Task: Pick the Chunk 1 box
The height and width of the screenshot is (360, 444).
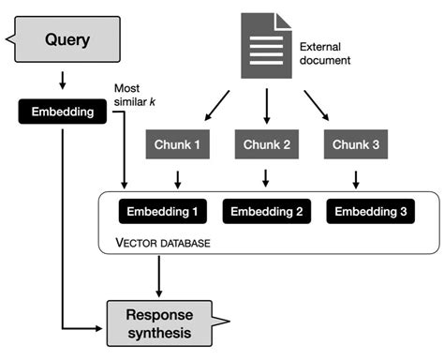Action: tap(177, 144)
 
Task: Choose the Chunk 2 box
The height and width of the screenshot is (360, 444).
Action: tap(268, 144)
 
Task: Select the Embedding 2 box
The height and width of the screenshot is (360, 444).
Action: tap(266, 212)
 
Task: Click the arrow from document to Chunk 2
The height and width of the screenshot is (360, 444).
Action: tap(267, 107)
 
